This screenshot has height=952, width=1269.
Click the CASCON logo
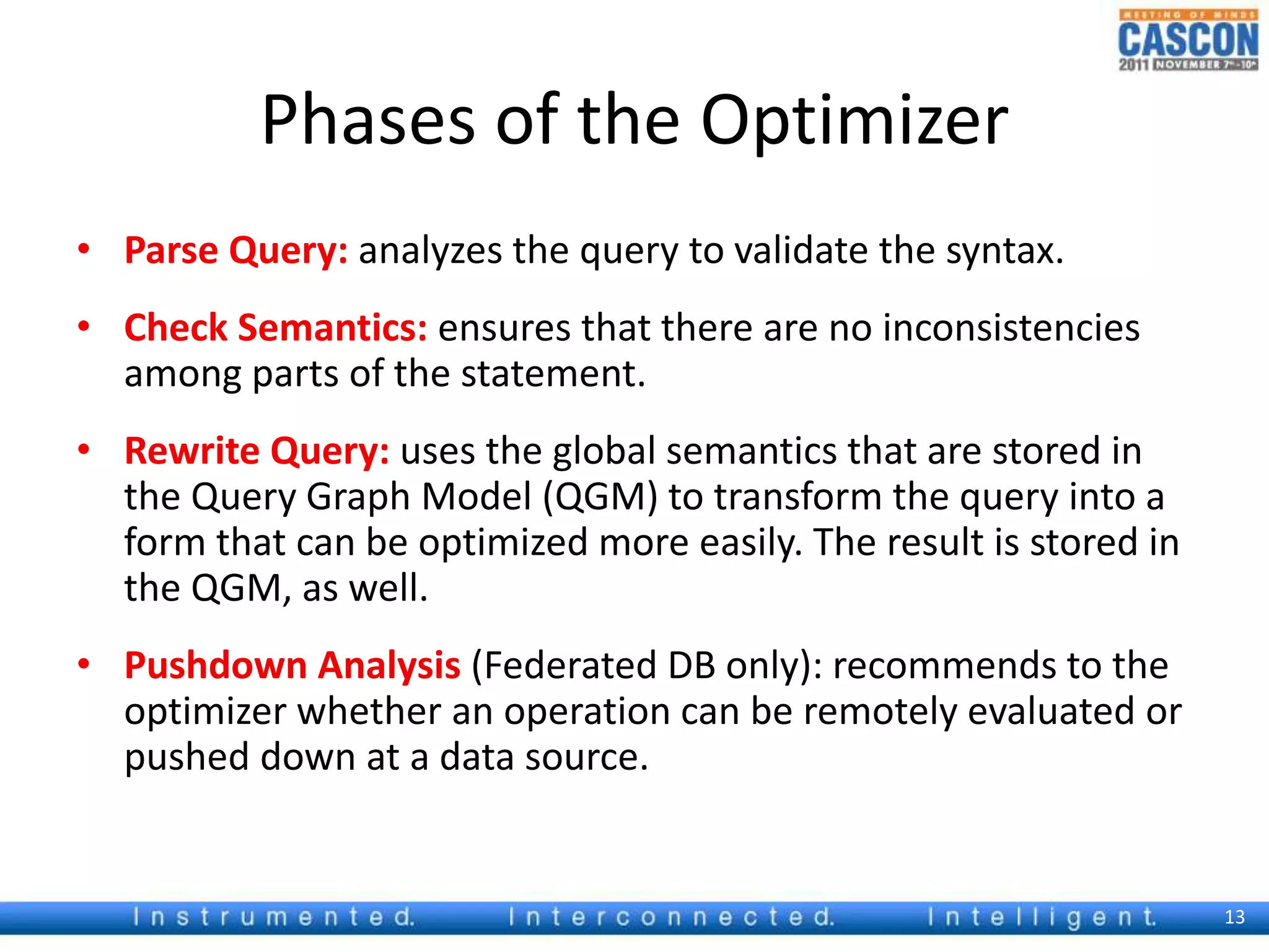[x=1188, y=40]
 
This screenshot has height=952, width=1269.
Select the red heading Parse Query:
[x=236, y=251]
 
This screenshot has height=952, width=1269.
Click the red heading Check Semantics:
[x=276, y=328]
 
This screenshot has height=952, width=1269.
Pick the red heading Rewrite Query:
[x=257, y=451]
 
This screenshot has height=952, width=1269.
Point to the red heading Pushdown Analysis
[x=292, y=666]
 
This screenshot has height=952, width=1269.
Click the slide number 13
[x=1234, y=917]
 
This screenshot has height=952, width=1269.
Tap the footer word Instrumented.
[x=273, y=917]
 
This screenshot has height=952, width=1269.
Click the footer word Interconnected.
[x=671, y=917]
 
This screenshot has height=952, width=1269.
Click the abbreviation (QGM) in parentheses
[x=600, y=498]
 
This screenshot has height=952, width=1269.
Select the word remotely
[x=880, y=712]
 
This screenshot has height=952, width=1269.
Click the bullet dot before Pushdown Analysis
[x=84, y=664]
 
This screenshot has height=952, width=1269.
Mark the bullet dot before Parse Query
[x=84, y=250]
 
